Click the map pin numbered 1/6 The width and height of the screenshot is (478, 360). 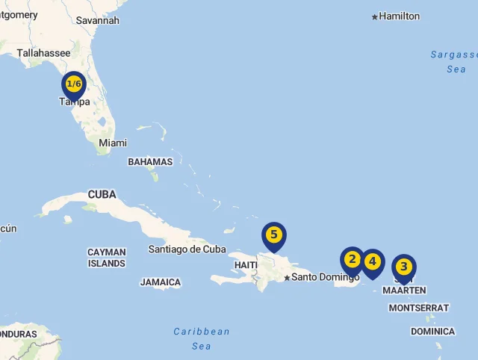[73, 84]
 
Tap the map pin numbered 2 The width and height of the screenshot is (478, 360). [353, 261]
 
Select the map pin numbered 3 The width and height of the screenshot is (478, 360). [404, 267]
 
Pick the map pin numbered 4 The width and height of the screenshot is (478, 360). [372, 262]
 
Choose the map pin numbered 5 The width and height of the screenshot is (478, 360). [274, 235]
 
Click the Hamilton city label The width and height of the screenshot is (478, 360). [400, 16]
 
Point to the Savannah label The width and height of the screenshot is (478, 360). [97, 20]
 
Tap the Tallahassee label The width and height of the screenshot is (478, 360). [43, 53]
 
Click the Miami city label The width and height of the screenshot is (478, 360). [113, 143]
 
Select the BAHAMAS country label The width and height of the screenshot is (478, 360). [150, 161]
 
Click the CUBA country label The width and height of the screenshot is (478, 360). [102, 194]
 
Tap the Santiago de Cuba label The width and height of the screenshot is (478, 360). [187, 249]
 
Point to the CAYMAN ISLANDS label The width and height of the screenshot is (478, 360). [107, 258]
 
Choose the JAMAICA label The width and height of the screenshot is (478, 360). [161, 282]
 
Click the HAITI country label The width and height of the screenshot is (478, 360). [246, 265]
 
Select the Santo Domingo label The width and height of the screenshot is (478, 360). [325, 277]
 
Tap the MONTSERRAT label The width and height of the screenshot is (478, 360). [419, 308]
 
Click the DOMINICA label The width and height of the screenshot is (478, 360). [432, 331]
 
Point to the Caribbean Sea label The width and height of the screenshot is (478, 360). [202, 338]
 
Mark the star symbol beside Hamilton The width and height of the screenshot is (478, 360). [375, 16]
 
